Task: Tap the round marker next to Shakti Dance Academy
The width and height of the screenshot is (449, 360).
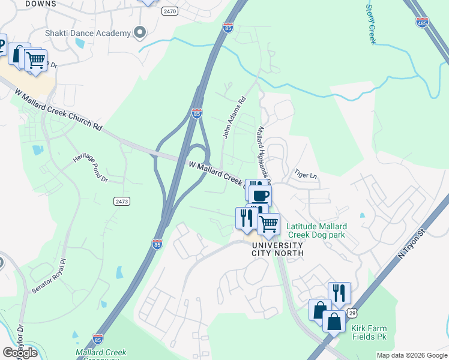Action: click(141, 32)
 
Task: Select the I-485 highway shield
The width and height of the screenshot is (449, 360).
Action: click(422, 22)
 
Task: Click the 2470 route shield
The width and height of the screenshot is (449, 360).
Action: click(170, 11)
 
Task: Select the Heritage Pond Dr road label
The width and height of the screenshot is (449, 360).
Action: click(90, 167)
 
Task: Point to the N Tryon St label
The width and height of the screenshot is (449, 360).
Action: click(415, 243)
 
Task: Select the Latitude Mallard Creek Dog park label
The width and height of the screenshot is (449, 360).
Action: click(316, 230)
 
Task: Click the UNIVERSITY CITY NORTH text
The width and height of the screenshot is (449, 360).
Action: click(277, 249)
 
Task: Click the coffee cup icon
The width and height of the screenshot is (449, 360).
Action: click(261, 196)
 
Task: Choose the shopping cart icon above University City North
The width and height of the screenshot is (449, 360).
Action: click(269, 224)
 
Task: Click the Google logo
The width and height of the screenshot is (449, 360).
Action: click(20, 353)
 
